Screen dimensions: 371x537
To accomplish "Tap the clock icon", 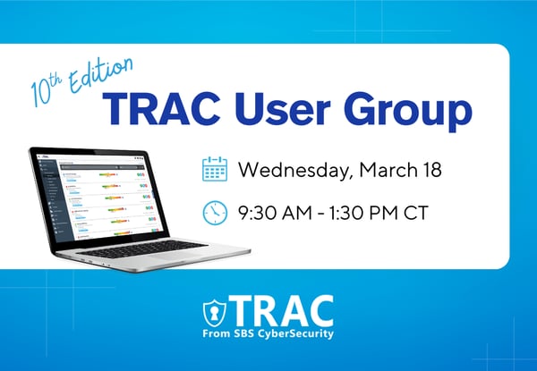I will coord(215,213).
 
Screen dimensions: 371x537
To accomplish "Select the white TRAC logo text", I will coord(281,309).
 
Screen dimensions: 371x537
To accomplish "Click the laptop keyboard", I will coord(125,245).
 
